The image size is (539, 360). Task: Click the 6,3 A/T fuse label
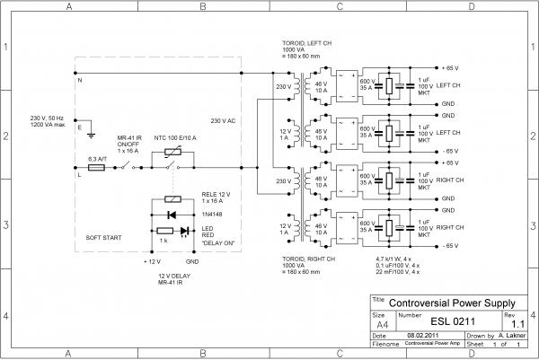click(x=98, y=157)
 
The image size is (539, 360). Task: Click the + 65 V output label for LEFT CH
click(x=451, y=68)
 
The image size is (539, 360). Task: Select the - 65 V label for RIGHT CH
click(x=451, y=244)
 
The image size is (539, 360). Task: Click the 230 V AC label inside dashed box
click(x=223, y=120)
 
